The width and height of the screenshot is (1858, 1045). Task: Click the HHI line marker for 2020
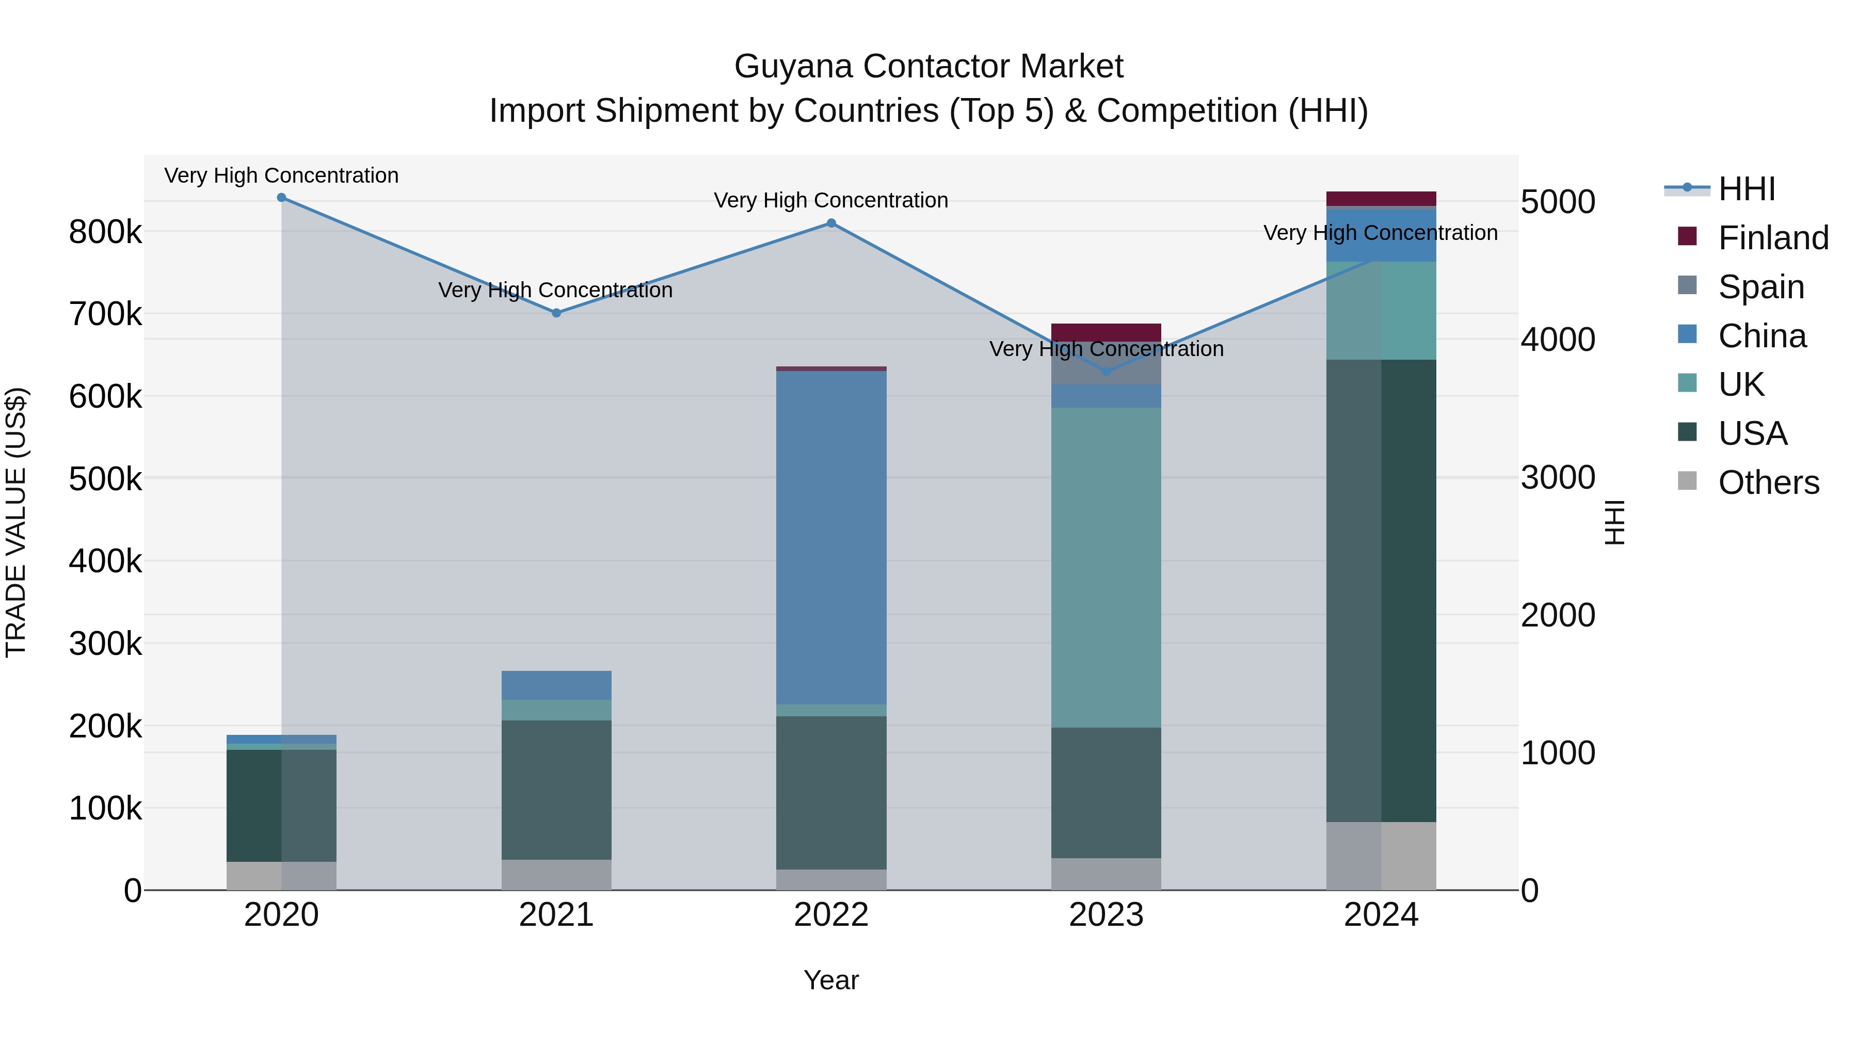281,198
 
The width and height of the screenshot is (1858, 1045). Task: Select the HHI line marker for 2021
556,313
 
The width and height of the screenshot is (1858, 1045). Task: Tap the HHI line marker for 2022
831,223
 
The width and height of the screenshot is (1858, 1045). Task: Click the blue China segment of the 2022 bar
831,537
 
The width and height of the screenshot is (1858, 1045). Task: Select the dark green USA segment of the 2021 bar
556,790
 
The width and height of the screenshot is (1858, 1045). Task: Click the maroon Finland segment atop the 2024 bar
1381,198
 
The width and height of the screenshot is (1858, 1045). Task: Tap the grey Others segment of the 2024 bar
1381,856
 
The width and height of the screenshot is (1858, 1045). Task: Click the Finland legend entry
1753,237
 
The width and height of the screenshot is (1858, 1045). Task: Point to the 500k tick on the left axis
105,479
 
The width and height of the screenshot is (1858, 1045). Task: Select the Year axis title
831,980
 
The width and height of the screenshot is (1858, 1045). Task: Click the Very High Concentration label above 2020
281,175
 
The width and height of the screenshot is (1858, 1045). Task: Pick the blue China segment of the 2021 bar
556,685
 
